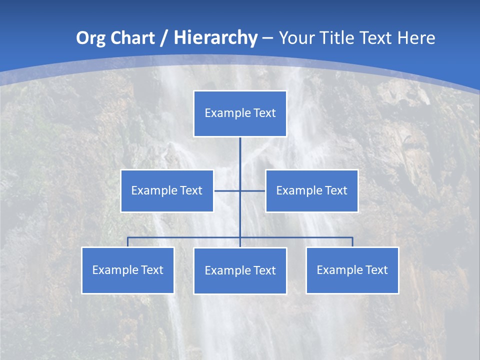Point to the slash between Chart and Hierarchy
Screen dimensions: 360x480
click(163, 38)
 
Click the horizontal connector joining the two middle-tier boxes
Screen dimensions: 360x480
click(227, 190)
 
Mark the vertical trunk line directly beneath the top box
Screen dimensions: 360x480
click(240, 155)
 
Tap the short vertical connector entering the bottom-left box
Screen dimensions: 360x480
click(127, 242)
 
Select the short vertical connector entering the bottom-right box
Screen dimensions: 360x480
click(352, 242)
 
